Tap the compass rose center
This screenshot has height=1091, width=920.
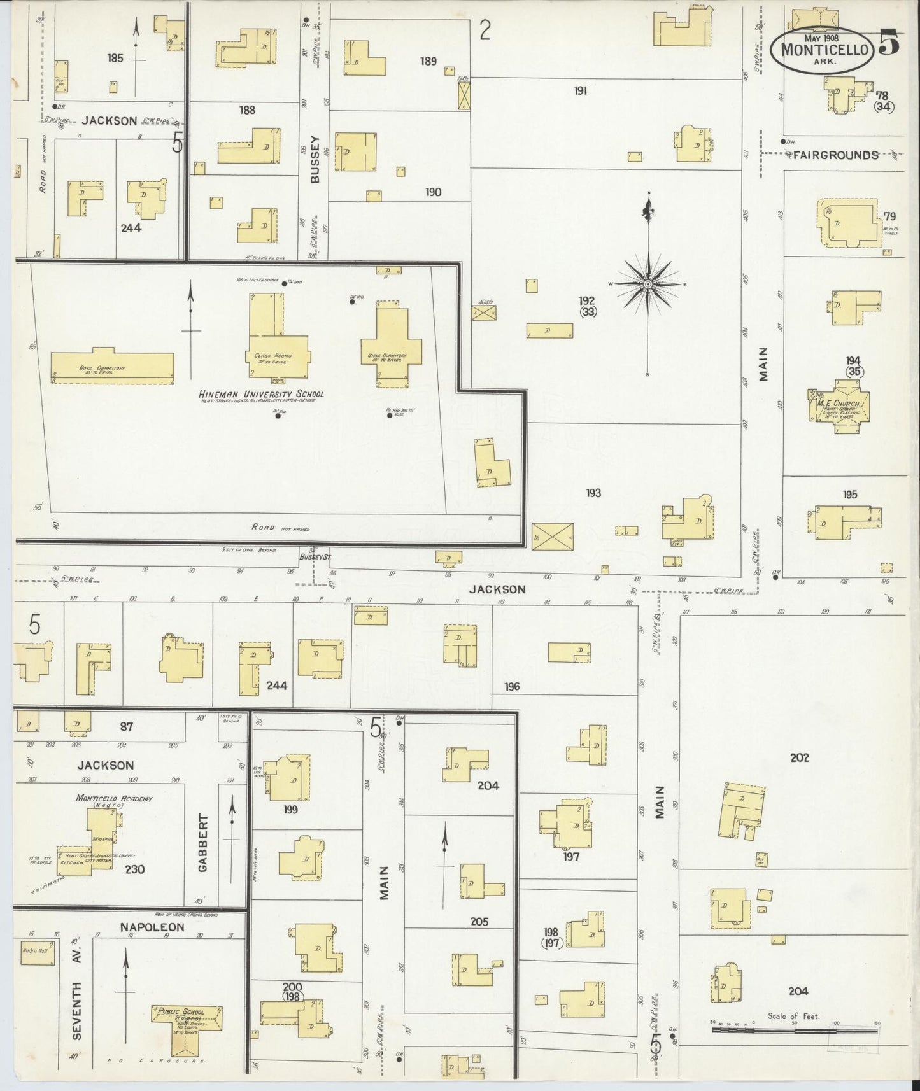point(648,284)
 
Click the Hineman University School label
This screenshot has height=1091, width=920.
point(262,394)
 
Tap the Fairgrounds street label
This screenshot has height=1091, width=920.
point(835,155)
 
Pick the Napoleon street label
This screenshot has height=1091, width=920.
point(152,927)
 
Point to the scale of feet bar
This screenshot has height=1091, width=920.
point(793,1029)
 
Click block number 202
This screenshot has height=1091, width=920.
point(799,757)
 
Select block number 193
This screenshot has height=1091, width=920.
point(593,493)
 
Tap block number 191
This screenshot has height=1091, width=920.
point(580,91)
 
